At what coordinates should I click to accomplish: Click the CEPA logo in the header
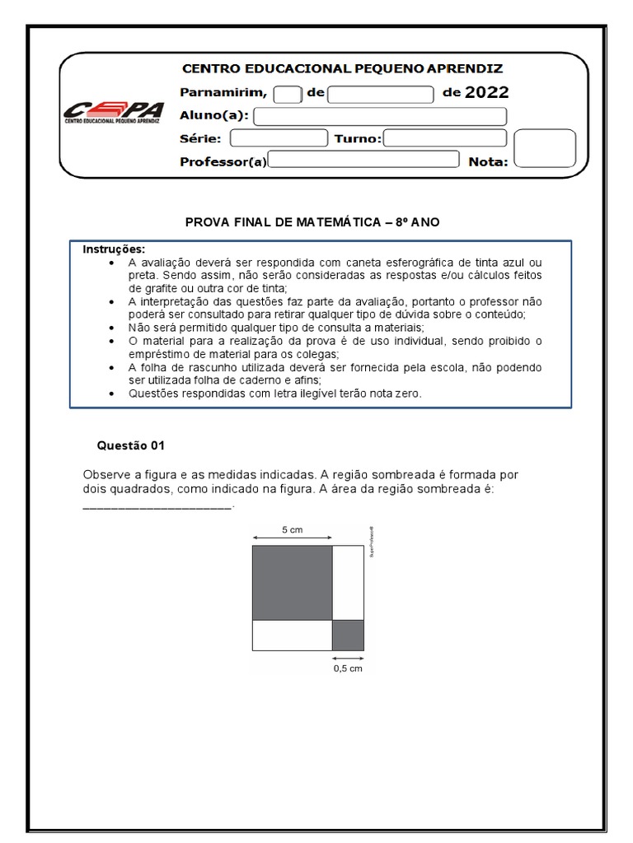(114, 114)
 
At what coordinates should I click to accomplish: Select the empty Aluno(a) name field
(382, 116)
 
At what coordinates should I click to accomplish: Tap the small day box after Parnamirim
(288, 94)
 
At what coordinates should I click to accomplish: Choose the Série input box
(279, 138)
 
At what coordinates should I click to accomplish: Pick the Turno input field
(445, 138)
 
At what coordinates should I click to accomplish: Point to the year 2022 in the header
(487, 92)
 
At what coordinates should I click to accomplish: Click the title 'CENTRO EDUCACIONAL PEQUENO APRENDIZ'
(342, 68)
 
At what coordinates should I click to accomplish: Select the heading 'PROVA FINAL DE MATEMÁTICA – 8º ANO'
(316, 223)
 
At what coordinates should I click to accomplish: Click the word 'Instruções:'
(114, 249)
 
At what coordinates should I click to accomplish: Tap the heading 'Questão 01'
(131, 445)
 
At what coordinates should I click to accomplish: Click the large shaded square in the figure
(292, 582)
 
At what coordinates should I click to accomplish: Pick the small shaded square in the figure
(348, 636)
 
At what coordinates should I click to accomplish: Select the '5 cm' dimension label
(292, 530)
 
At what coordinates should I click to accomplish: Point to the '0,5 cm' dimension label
(348, 669)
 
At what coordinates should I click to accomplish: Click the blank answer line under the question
(158, 506)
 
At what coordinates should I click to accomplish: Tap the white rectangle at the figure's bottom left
(292, 636)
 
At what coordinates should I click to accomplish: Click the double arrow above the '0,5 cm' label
(348, 658)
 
